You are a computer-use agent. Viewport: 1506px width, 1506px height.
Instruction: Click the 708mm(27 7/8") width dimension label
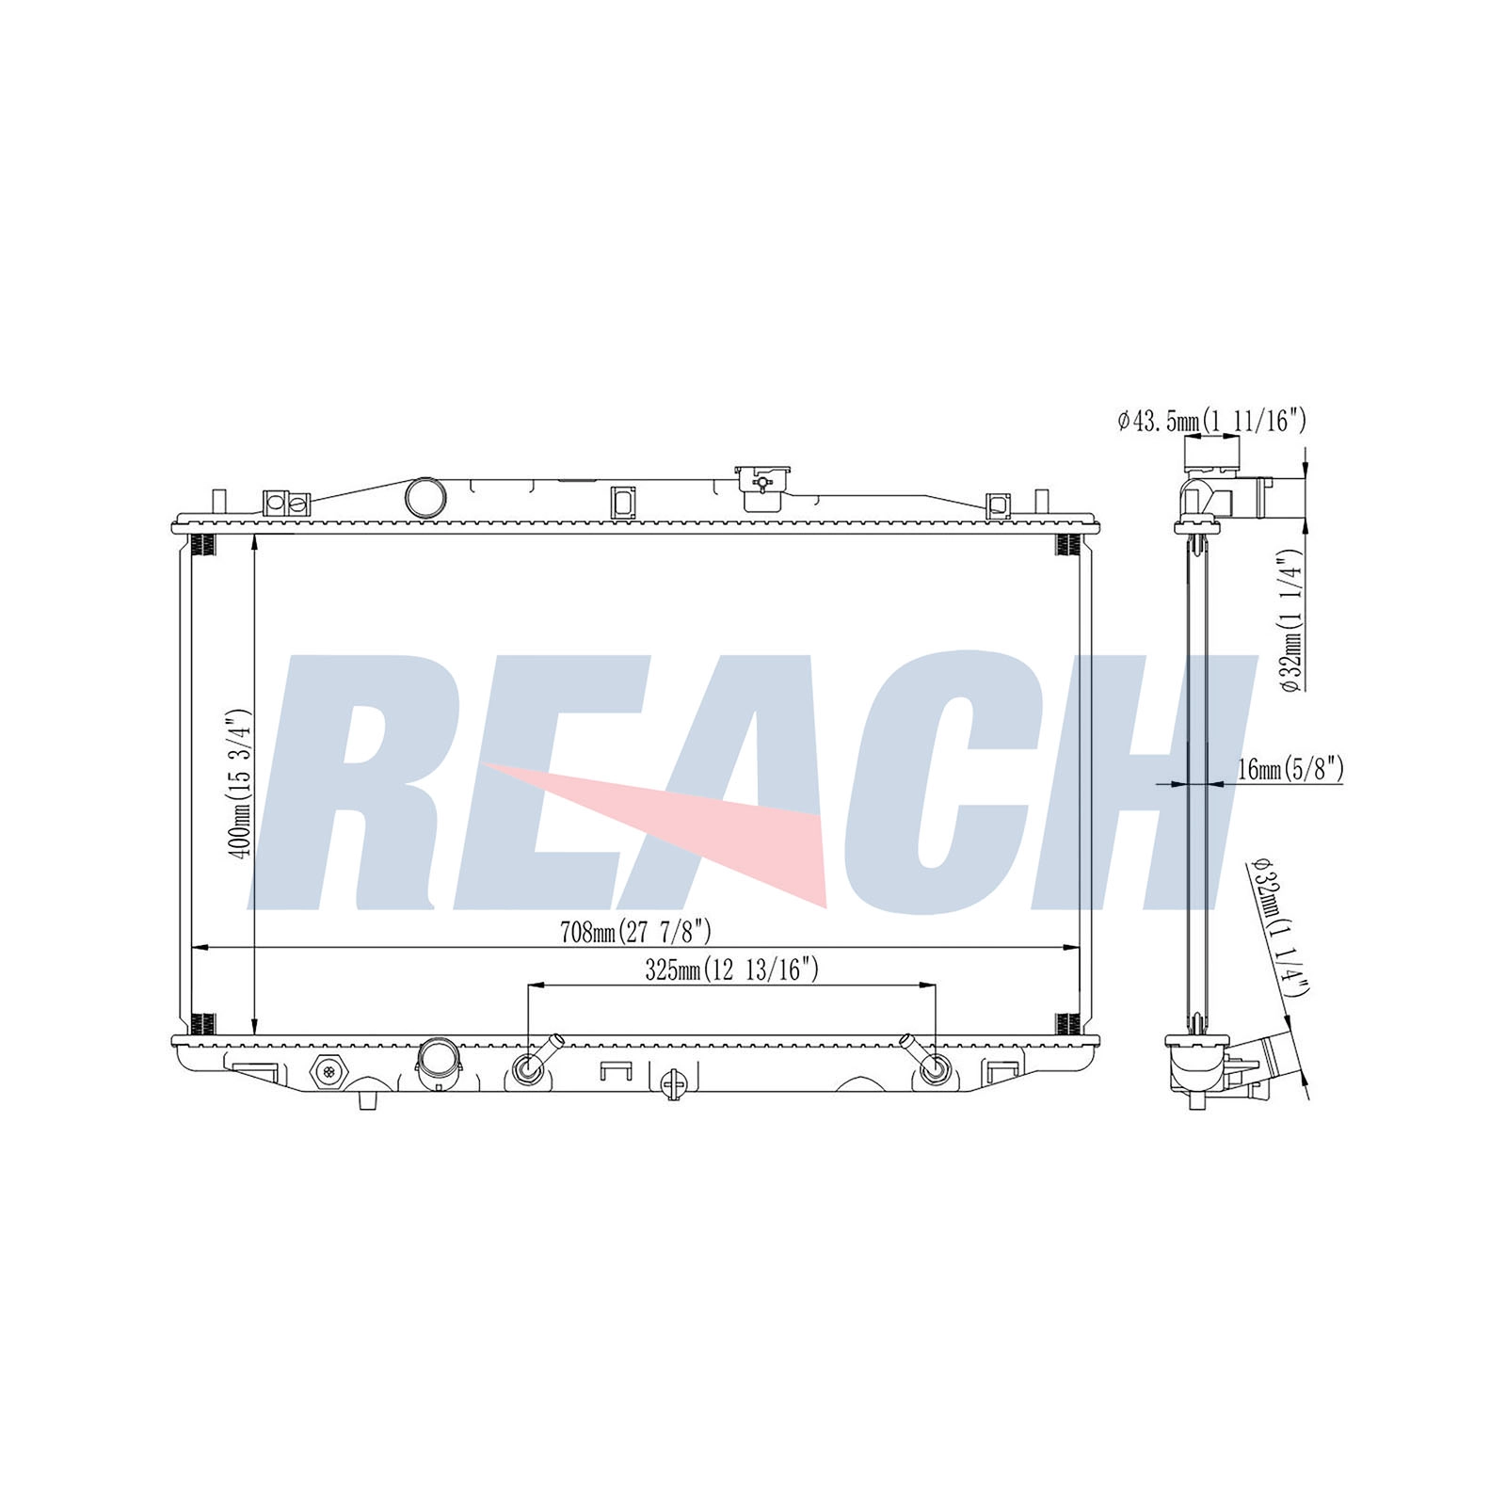(x=635, y=933)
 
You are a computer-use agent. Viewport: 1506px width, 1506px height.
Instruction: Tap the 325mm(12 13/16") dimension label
(x=731, y=970)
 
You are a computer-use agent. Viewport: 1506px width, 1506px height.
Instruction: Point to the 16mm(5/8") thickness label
(x=1290, y=769)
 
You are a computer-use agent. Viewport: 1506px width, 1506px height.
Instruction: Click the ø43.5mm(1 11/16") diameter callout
(x=1211, y=421)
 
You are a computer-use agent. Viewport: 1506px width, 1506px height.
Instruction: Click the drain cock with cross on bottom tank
(x=673, y=1084)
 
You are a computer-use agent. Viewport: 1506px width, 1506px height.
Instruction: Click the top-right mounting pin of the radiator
(x=1041, y=502)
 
